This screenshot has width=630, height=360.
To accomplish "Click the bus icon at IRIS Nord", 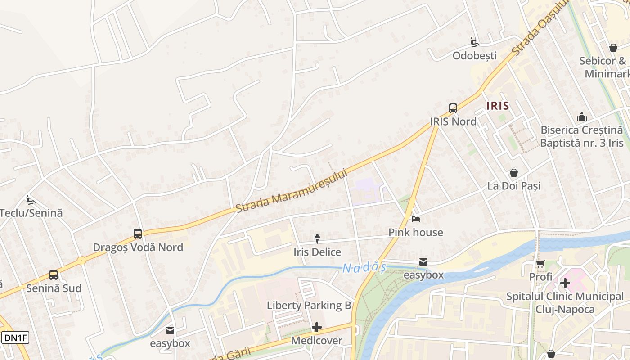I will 453,108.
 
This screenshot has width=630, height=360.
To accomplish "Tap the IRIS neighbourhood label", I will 498,106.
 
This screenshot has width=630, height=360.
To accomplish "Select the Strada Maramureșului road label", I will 292,191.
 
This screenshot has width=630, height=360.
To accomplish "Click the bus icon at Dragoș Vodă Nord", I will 138,234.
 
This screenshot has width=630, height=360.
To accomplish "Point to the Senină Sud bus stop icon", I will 54,275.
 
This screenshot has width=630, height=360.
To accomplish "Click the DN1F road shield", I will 15,337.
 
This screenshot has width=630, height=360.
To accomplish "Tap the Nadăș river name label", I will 364,268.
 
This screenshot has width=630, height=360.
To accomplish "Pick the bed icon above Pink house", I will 416,219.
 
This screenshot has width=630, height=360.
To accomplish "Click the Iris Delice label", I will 317,252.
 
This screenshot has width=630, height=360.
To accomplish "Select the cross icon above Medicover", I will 317,327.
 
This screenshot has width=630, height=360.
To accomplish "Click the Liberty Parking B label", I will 309,305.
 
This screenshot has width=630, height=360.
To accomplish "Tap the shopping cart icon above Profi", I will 540,264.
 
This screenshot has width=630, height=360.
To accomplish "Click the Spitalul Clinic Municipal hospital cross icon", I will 565,283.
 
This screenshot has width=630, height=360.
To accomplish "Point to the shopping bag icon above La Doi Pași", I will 514,173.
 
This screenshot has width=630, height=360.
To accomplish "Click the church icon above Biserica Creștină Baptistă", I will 582,117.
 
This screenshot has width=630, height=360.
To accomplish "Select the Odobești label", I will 475,56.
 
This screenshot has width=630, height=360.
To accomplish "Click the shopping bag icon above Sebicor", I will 613,47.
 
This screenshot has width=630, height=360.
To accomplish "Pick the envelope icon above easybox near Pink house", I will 423,262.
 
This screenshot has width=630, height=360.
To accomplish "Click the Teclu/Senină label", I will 31,213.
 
